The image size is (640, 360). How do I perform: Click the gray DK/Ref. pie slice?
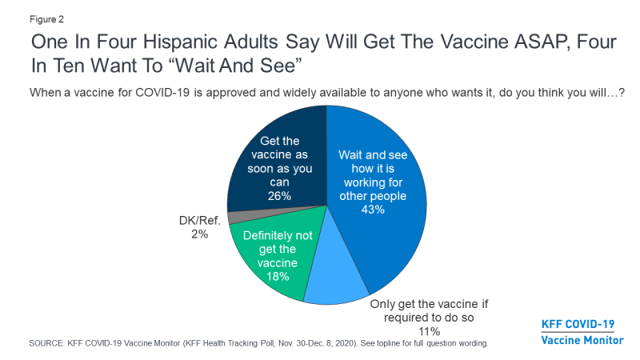click(x=234, y=218)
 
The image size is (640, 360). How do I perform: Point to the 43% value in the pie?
click(x=374, y=210)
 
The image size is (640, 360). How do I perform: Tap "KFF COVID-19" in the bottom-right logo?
click(x=578, y=324)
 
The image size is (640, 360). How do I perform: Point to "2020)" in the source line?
click(x=374, y=342)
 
